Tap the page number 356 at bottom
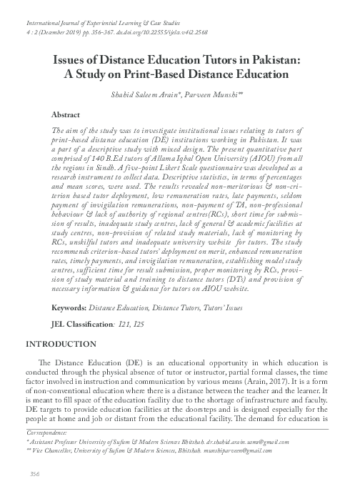(x=33, y=474)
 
